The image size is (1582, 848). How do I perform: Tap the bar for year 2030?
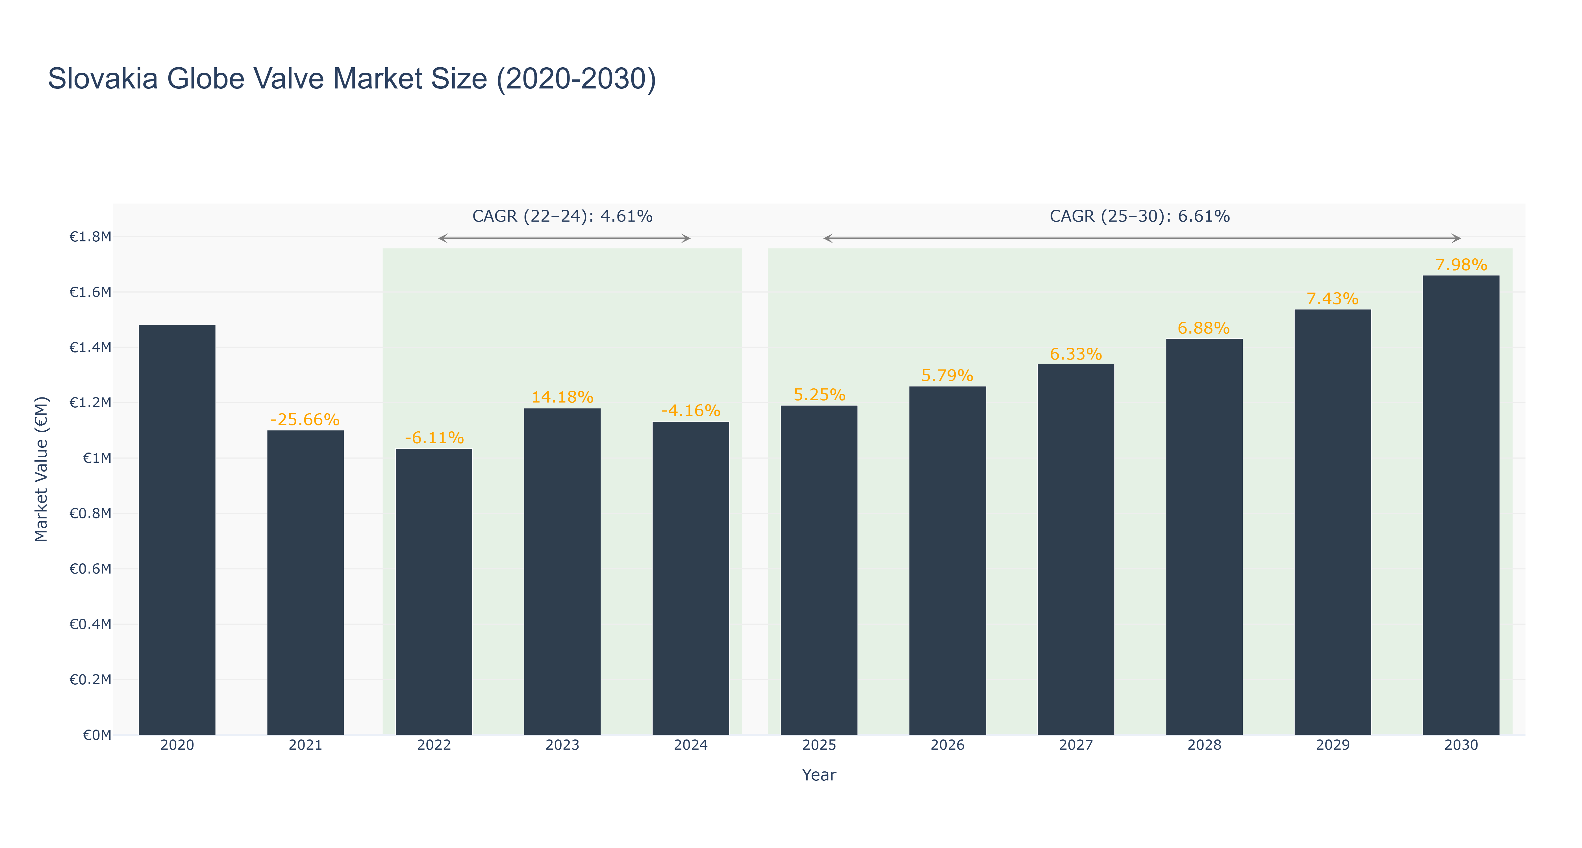(x=1461, y=505)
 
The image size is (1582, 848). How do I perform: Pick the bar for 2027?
(x=1076, y=549)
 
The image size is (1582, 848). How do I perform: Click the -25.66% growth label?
(x=305, y=420)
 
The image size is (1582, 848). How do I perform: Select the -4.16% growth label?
(x=691, y=410)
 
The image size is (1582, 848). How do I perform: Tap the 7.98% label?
(x=1461, y=265)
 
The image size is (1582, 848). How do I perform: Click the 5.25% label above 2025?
(x=819, y=395)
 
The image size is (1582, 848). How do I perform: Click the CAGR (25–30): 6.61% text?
(x=1140, y=216)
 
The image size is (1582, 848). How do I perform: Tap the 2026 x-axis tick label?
(x=948, y=745)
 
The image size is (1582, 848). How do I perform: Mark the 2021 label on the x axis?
(x=305, y=745)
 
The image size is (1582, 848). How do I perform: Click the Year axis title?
(x=819, y=775)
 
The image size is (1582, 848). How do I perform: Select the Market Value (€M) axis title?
(x=41, y=469)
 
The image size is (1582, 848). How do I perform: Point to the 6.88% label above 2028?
(x=1204, y=328)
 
